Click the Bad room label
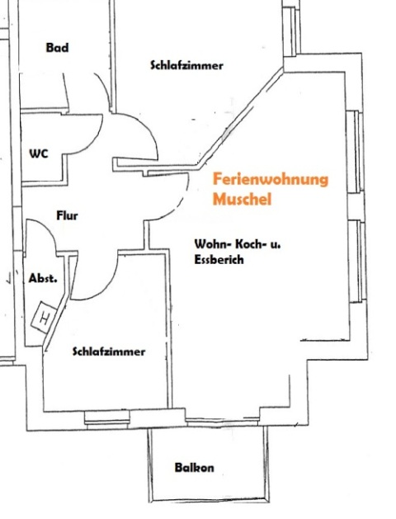click(57, 48)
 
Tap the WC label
click(39, 154)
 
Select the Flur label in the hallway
click(67, 216)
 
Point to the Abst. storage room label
click(43, 278)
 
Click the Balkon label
click(194, 468)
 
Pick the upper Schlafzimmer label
click(187, 65)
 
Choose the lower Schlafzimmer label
click(109, 352)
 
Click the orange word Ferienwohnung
click(271, 180)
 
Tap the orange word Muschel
click(242, 199)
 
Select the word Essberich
click(219, 259)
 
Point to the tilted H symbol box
click(44, 317)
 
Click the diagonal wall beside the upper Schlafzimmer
click(241, 119)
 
